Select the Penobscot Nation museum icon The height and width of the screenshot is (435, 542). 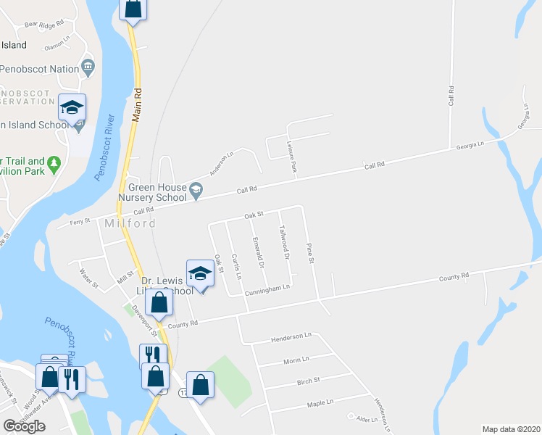coord(88,67)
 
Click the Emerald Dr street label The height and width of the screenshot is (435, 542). coord(257,252)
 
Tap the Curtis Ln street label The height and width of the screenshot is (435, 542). coord(235,267)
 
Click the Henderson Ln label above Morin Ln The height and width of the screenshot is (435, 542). coord(291,336)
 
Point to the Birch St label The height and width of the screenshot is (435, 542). coord(308,380)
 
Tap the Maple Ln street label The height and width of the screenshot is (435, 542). coord(320,402)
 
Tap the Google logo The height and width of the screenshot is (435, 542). coord(24,426)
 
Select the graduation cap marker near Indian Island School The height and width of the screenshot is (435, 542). coord(72,109)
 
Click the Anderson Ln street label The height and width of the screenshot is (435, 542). coord(222,165)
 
